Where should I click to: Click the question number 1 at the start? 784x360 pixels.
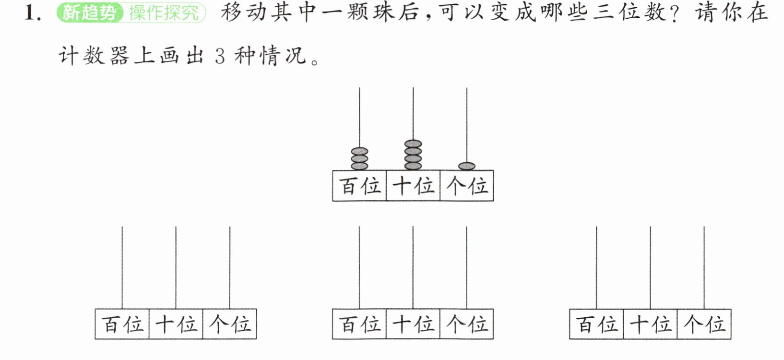click(x=32, y=13)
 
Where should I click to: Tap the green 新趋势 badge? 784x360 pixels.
click(x=90, y=13)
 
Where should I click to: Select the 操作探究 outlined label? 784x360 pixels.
click(x=165, y=13)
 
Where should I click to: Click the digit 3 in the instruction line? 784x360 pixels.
click(x=220, y=56)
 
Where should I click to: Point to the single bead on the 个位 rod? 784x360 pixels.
click(x=466, y=166)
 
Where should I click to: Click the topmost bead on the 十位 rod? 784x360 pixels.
click(x=413, y=144)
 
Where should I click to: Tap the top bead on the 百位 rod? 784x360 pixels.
click(x=359, y=151)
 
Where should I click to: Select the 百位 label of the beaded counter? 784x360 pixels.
click(x=359, y=186)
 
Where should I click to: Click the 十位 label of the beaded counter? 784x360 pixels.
click(x=413, y=186)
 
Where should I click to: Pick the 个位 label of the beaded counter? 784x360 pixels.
click(x=466, y=186)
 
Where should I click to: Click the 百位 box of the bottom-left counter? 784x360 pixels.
click(x=122, y=324)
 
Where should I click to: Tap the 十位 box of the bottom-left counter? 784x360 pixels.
click(x=176, y=324)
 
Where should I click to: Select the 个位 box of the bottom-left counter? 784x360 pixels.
click(x=230, y=324)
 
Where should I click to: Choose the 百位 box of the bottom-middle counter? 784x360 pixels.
click(x=359, y=324)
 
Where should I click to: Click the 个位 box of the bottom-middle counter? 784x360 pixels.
click(x=466, y=324)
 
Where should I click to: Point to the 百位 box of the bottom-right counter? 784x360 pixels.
click(x=597, y=324)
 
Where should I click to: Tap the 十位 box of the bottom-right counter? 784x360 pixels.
click(x=650, y=324)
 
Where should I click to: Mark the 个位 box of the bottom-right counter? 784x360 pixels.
click(x=704, y=324)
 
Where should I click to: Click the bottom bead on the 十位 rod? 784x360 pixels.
click(x=413, y=166)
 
